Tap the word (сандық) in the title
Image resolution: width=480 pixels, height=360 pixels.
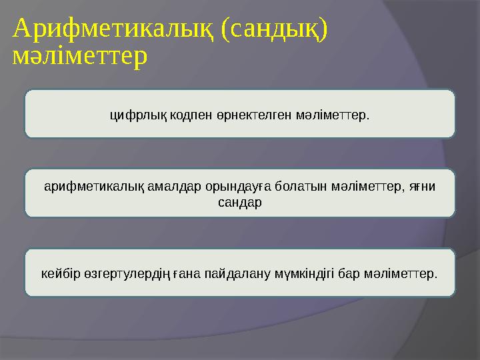274,29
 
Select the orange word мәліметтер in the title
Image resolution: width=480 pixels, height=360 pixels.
80,57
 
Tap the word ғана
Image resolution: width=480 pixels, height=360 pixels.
188,273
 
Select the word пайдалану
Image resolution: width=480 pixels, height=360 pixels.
233,273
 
